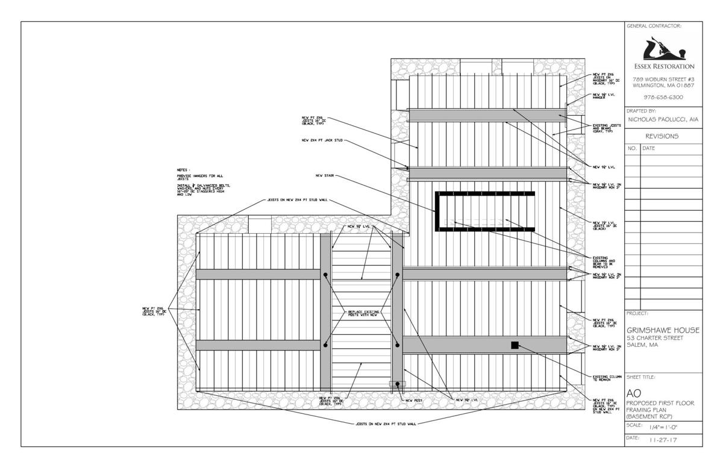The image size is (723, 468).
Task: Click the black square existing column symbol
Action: tap(515, 345)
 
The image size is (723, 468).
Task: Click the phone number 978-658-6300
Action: tap(663, 97)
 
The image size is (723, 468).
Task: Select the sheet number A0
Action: tap(634, 393)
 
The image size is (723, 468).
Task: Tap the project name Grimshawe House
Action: tap(663, 330)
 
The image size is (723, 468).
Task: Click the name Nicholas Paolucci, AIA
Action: tap(663, 119)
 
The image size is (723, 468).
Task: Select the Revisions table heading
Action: tap(663, 136)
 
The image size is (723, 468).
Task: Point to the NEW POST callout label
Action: tap(418, 400)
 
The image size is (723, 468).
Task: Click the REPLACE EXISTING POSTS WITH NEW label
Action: tap(361, 314)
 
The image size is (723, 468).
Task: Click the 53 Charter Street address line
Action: tap(655, 338)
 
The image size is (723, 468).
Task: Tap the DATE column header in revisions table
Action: tap(649, 148)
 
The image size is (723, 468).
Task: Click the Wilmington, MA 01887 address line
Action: tap(663, 86)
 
